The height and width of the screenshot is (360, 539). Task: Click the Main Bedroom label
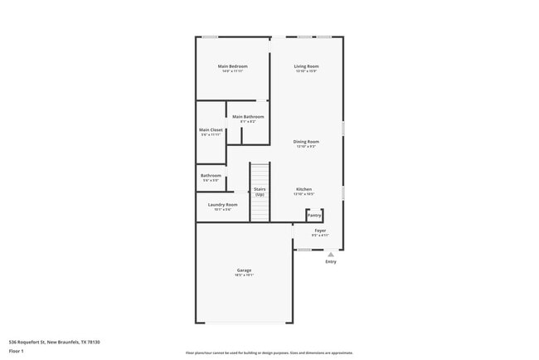click(x=232, y=66)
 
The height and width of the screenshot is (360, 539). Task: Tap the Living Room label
click(x=307, y=66)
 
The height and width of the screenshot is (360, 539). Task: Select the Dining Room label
click(x=307, y=142)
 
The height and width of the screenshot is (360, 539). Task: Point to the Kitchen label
click(x=304, y=190)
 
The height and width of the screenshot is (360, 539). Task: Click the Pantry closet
click(x=314, y=216)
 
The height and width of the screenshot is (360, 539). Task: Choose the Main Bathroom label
click(x=248, y=117)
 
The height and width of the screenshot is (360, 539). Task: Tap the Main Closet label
click(x=211, y=130)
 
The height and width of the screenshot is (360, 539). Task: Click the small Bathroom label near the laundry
click(x=211, y=175)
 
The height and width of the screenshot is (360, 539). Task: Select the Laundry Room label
click(x=222, y=205)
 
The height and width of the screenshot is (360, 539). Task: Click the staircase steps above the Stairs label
click(x=260, y=176)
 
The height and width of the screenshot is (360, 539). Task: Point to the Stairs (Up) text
click(x=260, y=192)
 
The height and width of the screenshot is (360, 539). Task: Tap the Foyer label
click(x=320, y=231)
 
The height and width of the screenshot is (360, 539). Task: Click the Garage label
click(x=244, y=270)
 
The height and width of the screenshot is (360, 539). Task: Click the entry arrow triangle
click(x=331, y=254)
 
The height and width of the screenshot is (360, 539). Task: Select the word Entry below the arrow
click(x=331, y=262)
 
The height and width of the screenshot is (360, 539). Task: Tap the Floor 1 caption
click(x=17, y=351)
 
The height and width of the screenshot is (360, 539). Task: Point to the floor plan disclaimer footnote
click(x=269, y=353)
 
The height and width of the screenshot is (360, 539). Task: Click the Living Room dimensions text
click(x=307, y=71)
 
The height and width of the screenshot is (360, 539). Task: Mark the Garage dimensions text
click(x=244, y=275)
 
